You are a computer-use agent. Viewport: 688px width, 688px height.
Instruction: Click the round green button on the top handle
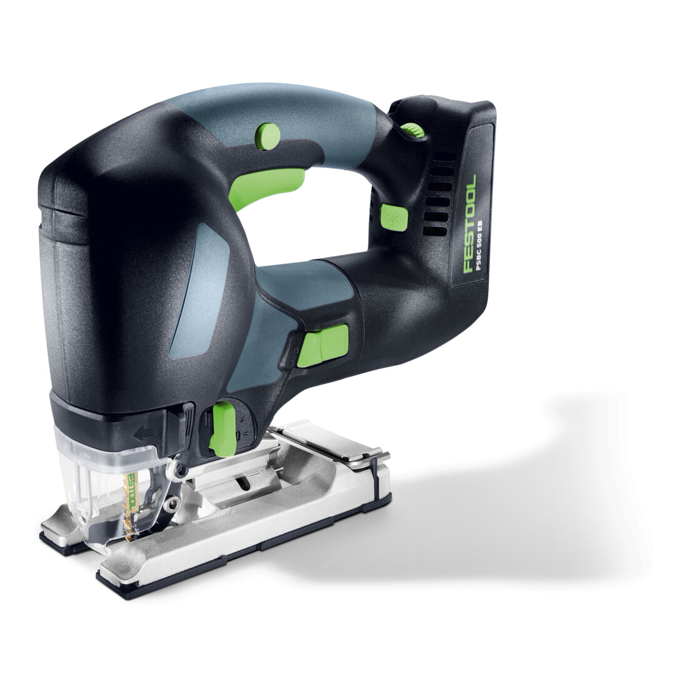[x=268, y=136]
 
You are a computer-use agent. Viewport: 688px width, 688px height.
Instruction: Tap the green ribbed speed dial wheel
[x=412, y=130]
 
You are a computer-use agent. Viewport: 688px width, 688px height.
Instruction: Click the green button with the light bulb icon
[x=394, y=216]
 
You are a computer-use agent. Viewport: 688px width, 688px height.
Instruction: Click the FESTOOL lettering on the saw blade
[x=130, y=488]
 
